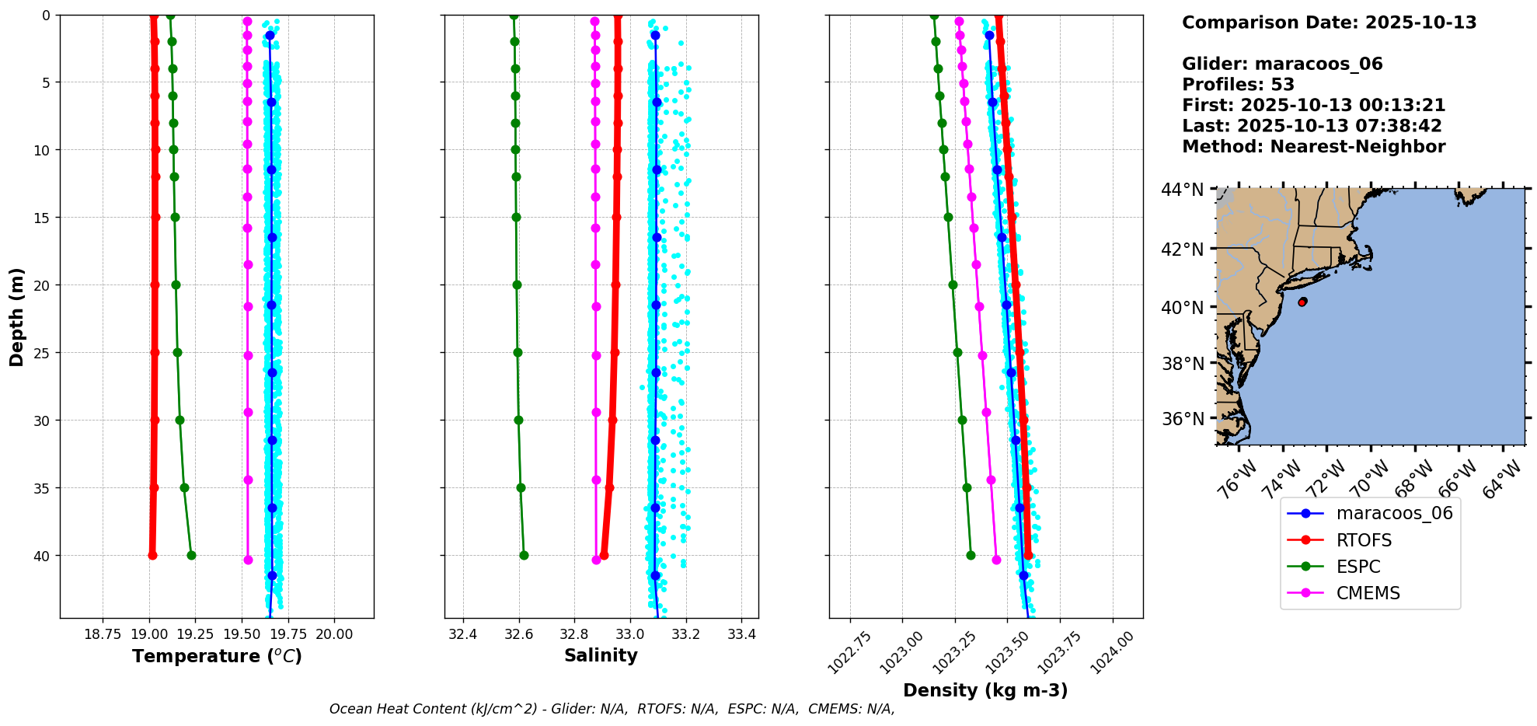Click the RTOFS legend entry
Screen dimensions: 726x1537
click(x=1363, y=540)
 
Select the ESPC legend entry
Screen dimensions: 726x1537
click(x=1358, y=567)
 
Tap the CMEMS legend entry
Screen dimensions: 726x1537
click(x=1368, y=593)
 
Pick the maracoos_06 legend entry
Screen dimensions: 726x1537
click(x=1394, y=513)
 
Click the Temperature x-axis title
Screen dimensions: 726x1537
click(x=217, y=656)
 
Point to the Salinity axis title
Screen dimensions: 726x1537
click(x=601, y=655)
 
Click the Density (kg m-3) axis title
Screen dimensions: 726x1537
click(x=985, y=690)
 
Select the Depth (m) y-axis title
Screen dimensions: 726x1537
click(x=17, y=317)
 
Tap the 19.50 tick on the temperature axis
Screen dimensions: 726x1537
click(x=242, y=634)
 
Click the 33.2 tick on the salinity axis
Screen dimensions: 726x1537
click(x=685, y=634)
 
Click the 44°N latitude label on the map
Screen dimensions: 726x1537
click(x=1182, y=190)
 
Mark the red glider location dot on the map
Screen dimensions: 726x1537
click(x=1302, y=302)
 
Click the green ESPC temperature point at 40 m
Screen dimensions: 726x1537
click(x=191, y=555)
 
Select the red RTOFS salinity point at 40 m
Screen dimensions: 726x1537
click(x=604, y=555)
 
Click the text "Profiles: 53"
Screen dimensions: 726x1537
click(x=1238, y=85)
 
